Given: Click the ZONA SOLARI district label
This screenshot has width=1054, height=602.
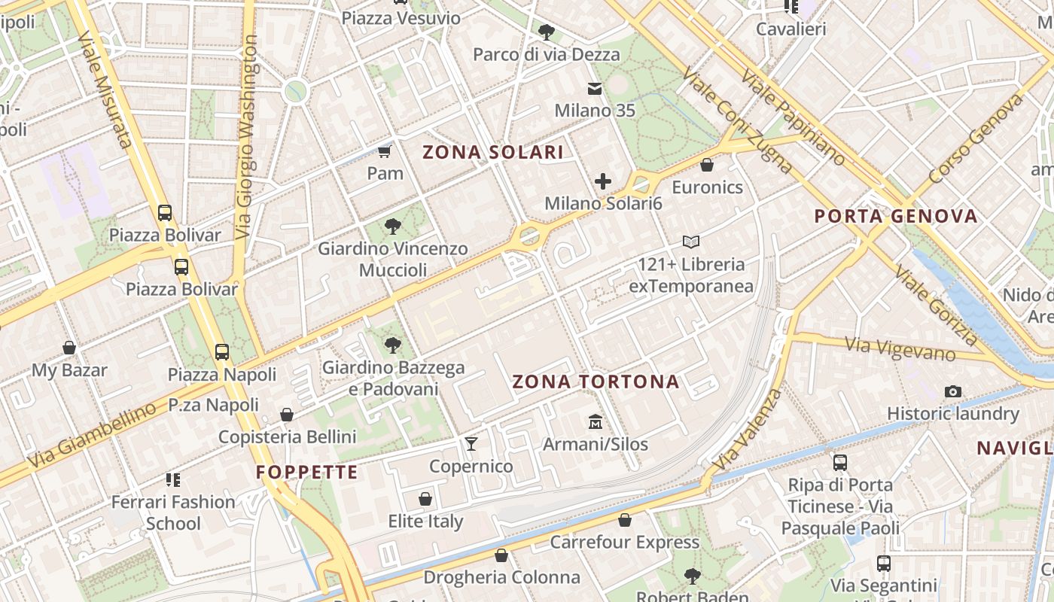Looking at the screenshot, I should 492,152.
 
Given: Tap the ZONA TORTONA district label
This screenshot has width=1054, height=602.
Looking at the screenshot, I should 596,382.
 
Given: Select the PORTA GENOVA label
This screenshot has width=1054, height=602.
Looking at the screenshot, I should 896,217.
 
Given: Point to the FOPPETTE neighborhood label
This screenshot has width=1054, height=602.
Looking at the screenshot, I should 306,473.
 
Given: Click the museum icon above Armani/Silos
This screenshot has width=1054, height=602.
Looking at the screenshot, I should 596,421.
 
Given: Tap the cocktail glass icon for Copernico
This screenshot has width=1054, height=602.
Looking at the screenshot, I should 471,443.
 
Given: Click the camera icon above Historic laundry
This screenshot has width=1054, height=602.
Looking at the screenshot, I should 953,391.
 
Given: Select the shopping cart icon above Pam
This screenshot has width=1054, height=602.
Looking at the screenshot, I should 385,151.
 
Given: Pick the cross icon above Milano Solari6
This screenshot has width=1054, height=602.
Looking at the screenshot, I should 603,181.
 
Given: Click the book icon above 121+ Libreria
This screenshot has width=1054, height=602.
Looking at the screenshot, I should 691,242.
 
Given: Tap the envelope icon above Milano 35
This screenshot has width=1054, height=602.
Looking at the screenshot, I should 595,89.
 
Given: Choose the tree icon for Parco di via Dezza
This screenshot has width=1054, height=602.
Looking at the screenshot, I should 547,32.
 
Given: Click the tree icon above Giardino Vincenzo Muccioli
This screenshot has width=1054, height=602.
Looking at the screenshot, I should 392,226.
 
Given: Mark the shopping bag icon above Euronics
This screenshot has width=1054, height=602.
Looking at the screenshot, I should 707,165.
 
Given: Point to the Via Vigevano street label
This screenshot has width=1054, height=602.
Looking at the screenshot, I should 900,348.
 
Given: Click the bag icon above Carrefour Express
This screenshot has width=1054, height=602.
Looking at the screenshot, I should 625,519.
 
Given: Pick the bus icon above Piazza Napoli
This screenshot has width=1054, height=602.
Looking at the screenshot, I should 222,351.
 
